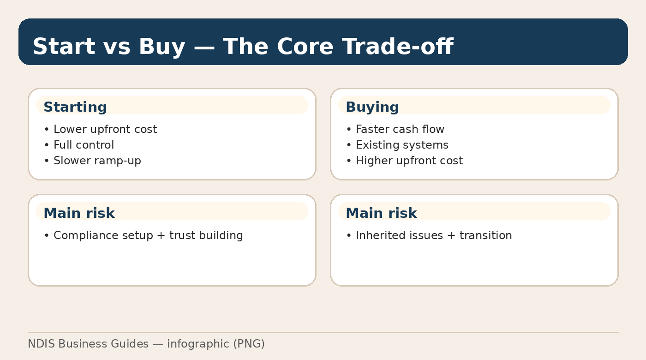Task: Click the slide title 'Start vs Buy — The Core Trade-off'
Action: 243,47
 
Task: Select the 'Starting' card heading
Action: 75,107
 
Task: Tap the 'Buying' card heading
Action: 372,107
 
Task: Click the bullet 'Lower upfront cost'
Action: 105,129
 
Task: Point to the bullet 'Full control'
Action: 84,145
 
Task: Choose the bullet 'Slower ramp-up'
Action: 97,161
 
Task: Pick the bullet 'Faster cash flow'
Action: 400,129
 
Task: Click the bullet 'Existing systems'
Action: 402,145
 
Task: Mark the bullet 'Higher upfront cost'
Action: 409,161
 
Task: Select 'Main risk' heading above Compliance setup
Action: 79,213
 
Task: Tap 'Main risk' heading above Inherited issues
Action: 381,213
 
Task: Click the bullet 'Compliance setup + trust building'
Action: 148,235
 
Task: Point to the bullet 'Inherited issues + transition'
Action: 434,235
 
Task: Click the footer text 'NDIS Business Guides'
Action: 88,344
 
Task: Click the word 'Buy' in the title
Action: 161,47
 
